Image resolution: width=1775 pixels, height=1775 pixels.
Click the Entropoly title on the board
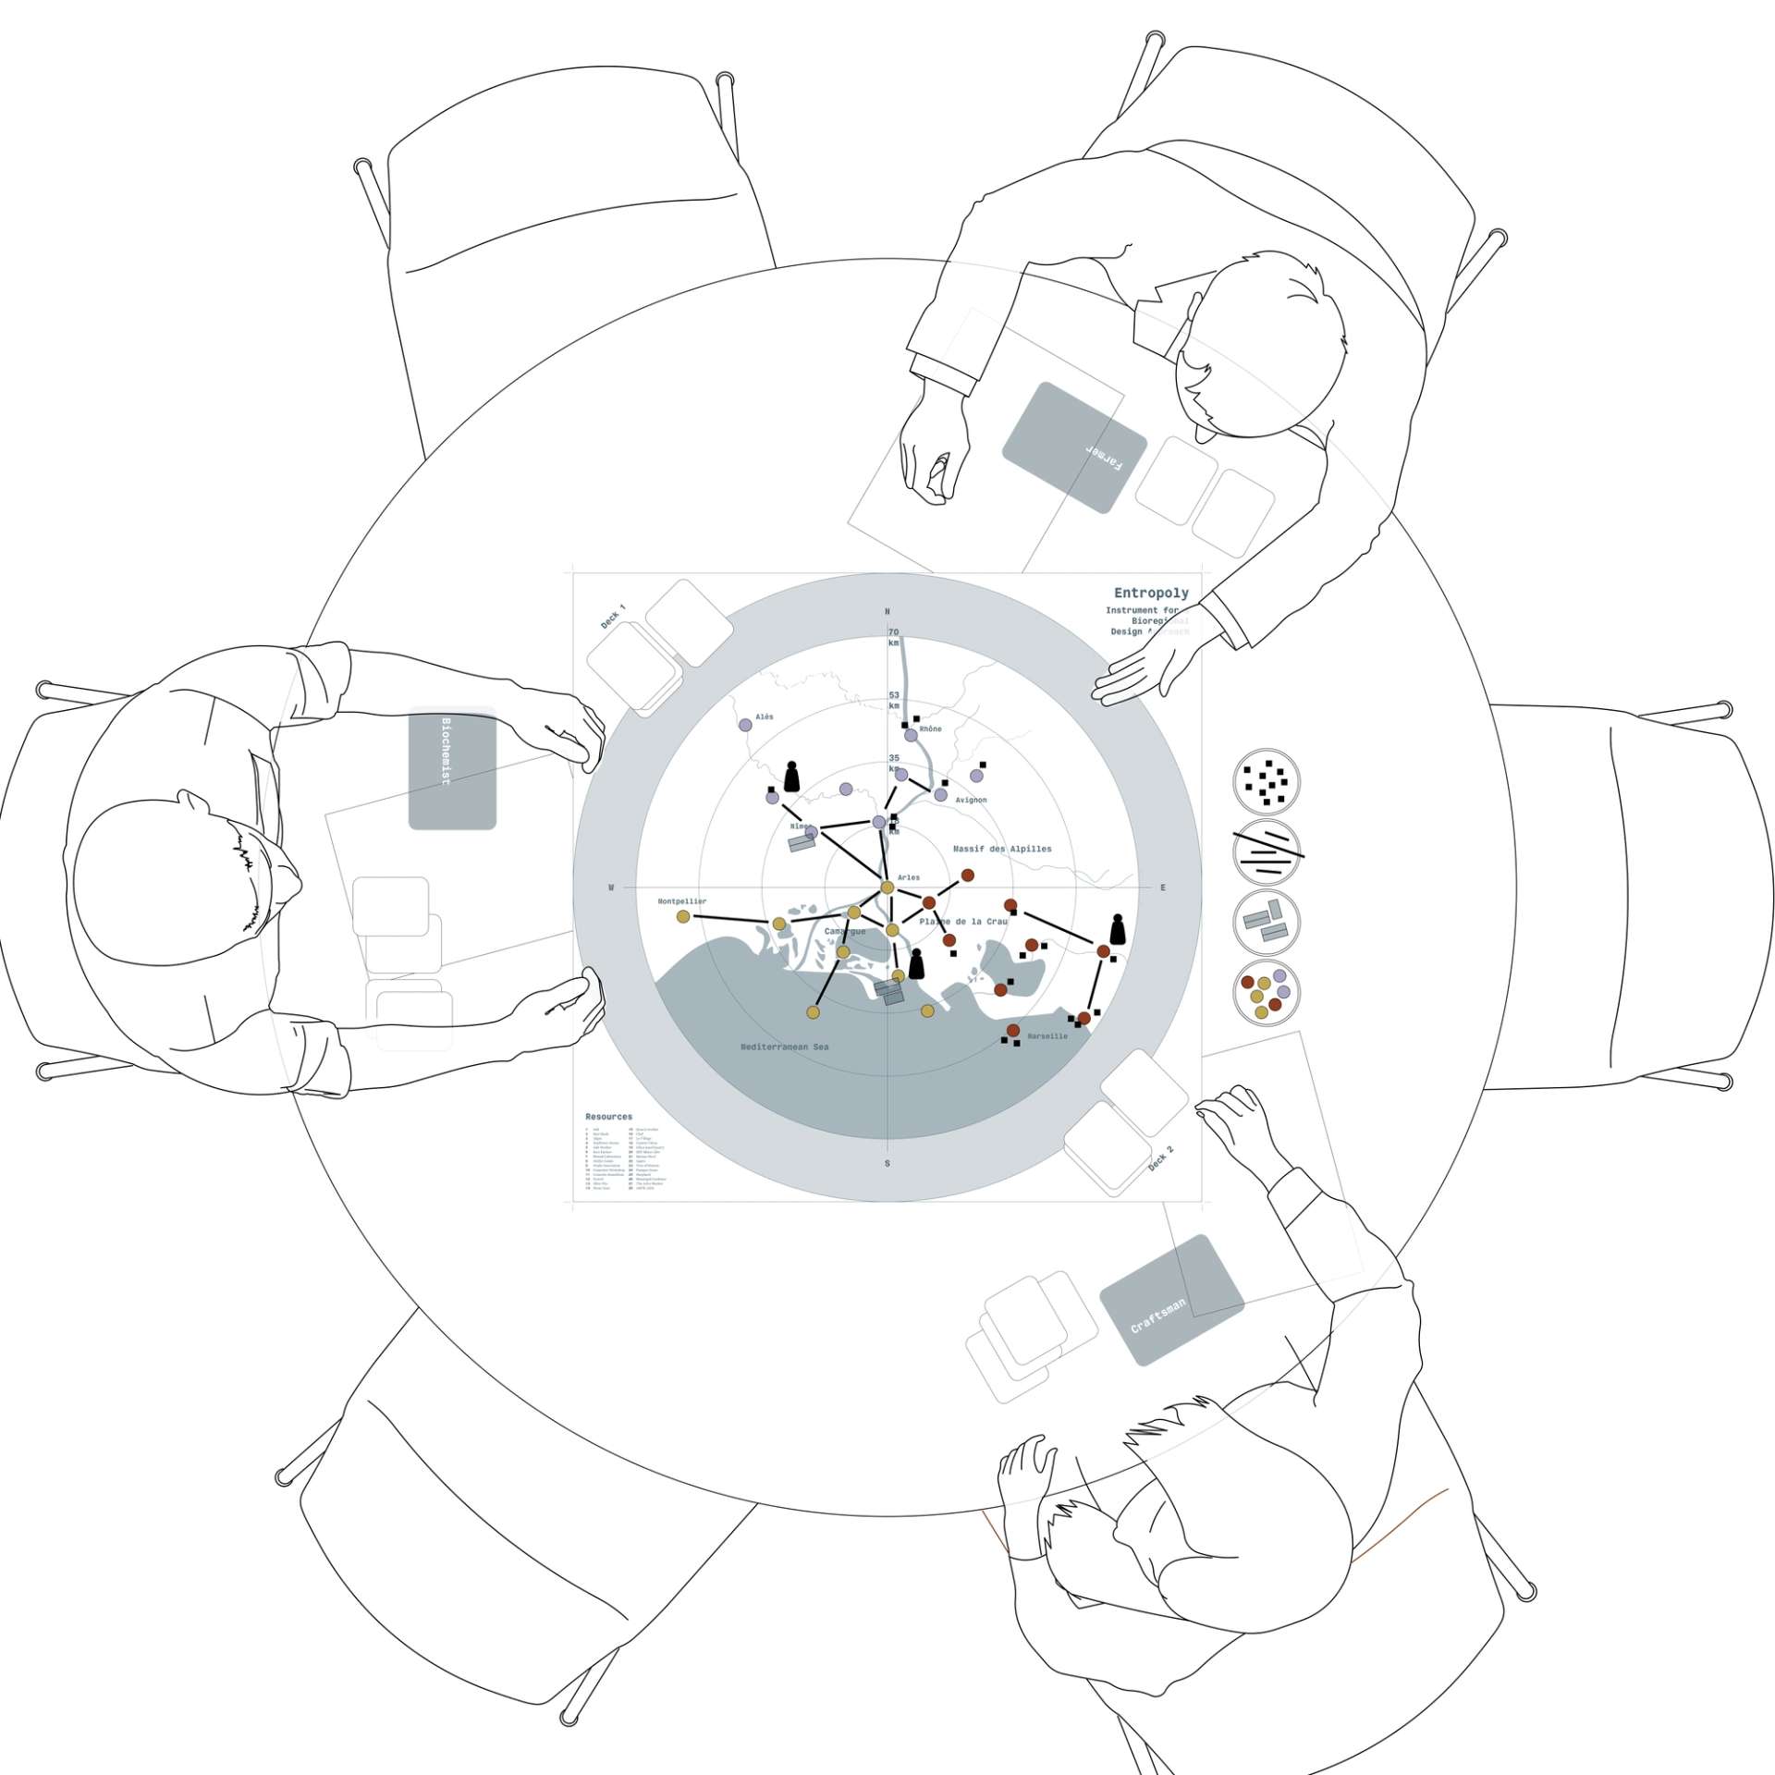pos(1150,593)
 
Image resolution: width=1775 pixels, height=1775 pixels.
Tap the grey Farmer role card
pos(1074,447)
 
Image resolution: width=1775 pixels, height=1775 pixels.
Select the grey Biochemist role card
pos(452,767)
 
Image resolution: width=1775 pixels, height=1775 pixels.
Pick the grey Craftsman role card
pos(1171,1299)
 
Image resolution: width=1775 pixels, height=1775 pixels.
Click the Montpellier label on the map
pos(682,901)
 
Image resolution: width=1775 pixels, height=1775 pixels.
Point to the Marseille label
pos(1047,1036)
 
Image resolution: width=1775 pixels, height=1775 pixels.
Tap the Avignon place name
pos(971,800)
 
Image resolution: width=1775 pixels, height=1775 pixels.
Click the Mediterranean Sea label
pos(785,1047)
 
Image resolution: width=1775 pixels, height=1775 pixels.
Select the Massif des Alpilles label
pos(1002,849)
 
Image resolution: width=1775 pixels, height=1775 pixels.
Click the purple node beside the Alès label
pos(745,725)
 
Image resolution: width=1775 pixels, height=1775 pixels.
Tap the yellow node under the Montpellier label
pos(683,916)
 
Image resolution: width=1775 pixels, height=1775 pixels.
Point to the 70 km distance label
pos(894,637)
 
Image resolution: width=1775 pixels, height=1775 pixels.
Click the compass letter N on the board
pos(887,612)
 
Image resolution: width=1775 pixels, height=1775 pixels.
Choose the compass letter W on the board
pos(611,887)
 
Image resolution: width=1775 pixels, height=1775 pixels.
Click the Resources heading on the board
pos(608,1117)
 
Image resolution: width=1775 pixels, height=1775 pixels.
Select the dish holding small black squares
pos(1267,782)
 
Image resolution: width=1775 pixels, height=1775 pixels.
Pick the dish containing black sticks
pos(1267,852)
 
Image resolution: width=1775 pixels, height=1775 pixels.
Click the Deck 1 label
pos(613,617)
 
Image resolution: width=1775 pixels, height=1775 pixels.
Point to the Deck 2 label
pos(1161,1159)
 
